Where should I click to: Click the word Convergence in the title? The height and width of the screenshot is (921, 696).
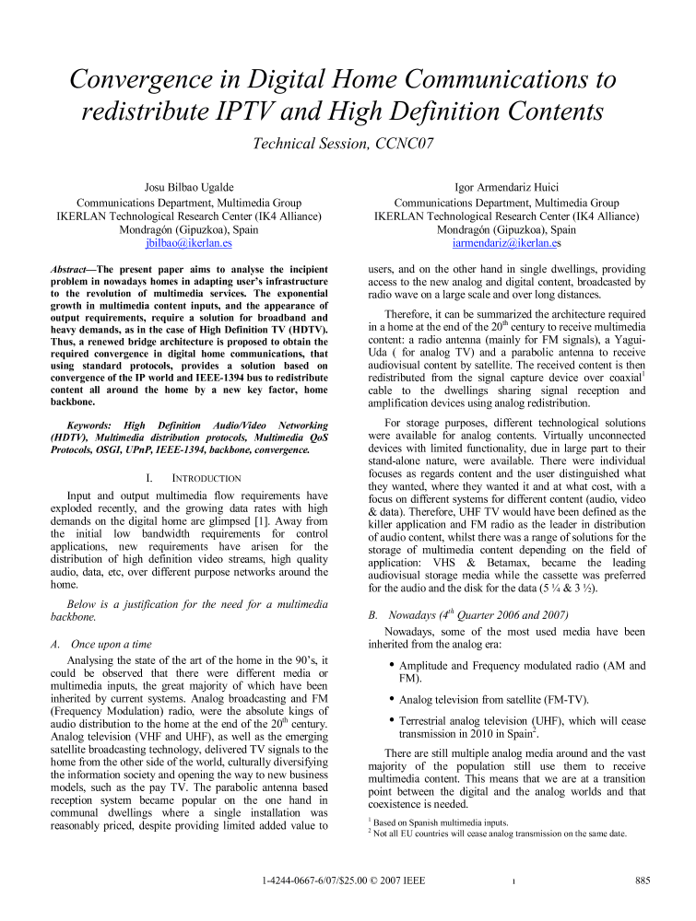(x=147, y=79)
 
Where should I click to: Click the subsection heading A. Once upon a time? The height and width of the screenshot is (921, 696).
(x=101, y=618)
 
